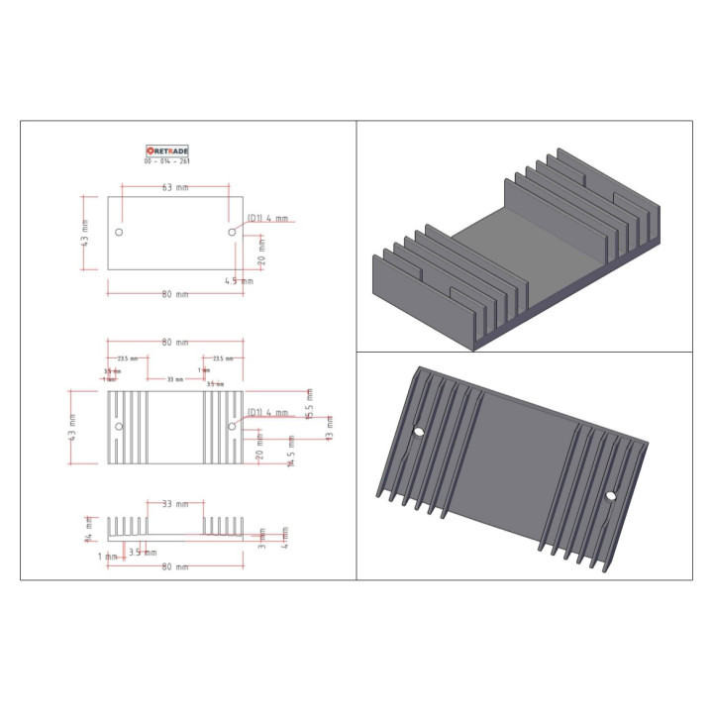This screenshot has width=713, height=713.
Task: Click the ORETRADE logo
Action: [167, 152]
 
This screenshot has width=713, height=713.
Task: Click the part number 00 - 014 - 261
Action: [167, 161]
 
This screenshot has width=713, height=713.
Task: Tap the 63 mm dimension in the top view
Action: [174, 187]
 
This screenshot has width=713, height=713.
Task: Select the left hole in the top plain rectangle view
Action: [120, 232]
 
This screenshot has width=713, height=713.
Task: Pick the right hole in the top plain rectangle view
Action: [232, 231]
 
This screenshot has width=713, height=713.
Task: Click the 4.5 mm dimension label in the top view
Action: [239, 281]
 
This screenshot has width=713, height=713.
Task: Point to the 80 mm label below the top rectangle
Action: [174, 294]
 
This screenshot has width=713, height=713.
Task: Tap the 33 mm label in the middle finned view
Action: [174, 379]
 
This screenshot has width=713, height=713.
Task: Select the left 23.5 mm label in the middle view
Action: [128, 358]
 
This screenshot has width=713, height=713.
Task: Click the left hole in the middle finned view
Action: [120, 427]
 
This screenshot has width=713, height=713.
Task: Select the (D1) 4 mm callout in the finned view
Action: [267, 412]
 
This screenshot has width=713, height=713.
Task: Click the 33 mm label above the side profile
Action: [174, 504]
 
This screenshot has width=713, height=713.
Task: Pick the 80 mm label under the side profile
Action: [174, 566]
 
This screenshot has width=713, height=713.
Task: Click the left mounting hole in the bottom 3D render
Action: [418, 432]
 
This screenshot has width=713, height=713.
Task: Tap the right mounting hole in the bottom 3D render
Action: [611, 495]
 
